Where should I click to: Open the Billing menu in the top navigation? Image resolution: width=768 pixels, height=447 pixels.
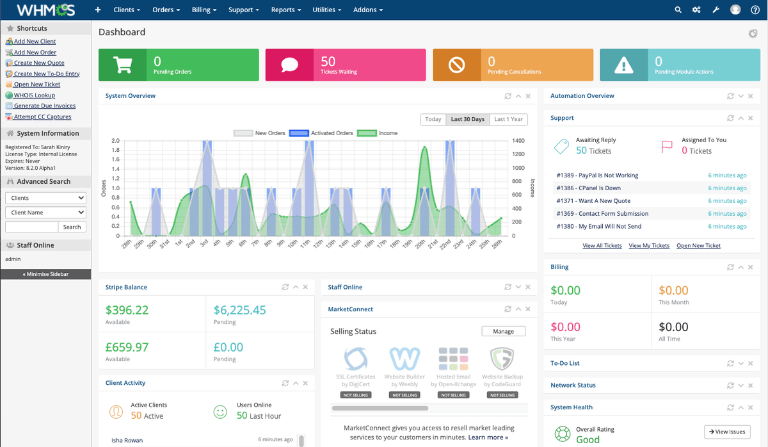click(204, 10)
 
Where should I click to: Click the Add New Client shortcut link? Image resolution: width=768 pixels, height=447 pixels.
click(35, 41)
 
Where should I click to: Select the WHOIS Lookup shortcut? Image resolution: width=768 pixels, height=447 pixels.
click(35, 95)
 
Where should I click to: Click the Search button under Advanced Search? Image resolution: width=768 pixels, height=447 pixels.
click(72, 227)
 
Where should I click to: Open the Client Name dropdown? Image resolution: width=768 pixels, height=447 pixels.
click(45, 212)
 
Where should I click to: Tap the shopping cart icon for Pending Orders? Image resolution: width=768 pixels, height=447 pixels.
click(122, 65)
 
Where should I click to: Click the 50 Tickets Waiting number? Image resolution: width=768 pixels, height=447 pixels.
click(328, 61)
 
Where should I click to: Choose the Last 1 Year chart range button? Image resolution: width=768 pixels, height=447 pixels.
click(508, 119)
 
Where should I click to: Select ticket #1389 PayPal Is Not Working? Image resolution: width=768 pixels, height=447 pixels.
click(597, 175)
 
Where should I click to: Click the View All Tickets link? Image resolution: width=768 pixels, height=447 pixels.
click(602, 245)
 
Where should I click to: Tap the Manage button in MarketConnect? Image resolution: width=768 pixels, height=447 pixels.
click(503, 331)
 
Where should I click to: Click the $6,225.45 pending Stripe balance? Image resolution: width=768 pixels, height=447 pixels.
click(239, 310)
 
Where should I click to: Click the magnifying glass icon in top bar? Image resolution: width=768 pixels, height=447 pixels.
click(678, 10)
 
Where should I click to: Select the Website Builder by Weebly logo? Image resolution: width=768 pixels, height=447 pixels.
click(404, 359)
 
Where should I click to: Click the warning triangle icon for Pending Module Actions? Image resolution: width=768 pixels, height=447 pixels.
click(623, 65)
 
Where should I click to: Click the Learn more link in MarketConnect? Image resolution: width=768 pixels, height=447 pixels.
click(488, 437)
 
